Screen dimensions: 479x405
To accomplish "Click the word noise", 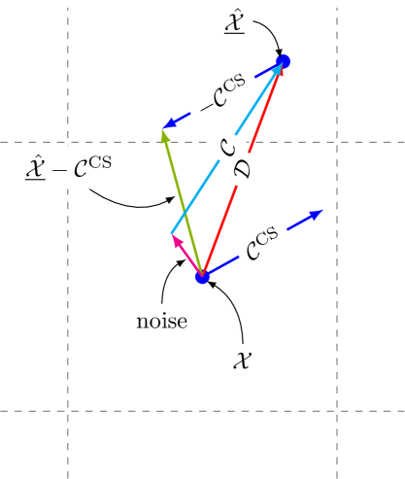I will [x=162, y=320].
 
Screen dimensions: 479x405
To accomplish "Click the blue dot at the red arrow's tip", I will [x=284, y=62].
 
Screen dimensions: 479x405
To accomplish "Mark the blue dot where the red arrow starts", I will [x=202, y=278].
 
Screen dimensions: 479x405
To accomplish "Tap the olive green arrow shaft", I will [x=183, y=203].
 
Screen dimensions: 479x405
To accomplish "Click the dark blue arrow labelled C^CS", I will [x=233, y=260].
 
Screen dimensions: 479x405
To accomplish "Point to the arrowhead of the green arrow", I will [x=165, y=134].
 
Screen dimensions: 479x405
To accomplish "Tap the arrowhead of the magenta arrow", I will [x=174, y=239].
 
